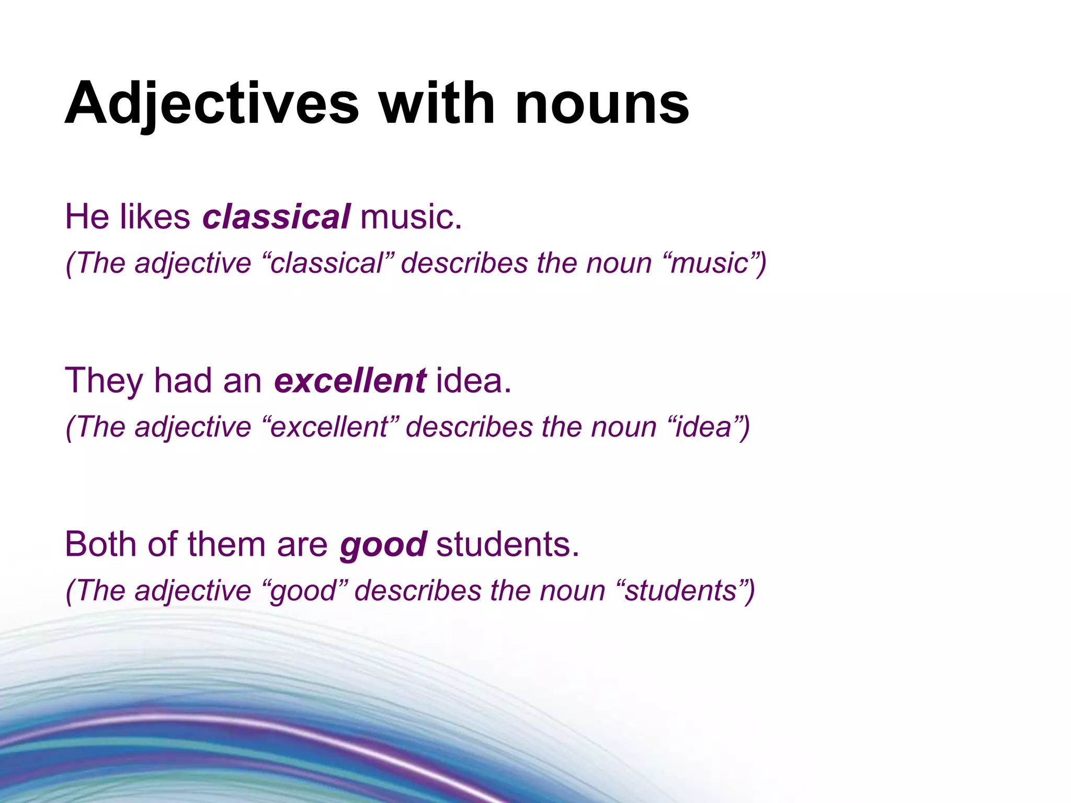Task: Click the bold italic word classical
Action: pos(276,216)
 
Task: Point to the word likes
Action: pos(155,216)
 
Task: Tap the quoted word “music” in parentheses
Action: pos(709,263)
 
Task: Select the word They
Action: pos(104,381)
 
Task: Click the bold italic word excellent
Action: pos(350,381)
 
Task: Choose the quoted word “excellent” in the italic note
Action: pos(330,427)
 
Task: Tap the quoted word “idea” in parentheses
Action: pos(703,427)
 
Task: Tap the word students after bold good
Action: pos(507,544)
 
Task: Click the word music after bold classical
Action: pos(411,216)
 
